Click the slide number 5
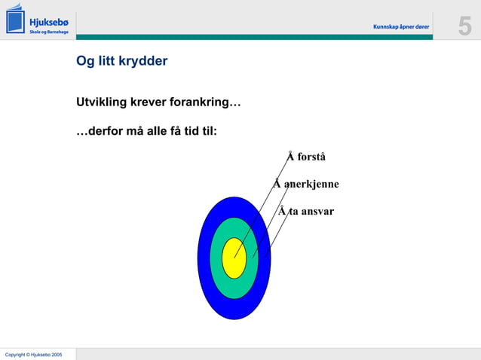(464, 26)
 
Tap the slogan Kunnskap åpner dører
(401, 27)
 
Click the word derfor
(100, 131)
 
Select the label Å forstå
(306, 157)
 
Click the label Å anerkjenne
(306, 184)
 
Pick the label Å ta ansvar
(306, 211)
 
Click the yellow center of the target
(234, 258)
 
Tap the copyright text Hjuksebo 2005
(33, 354)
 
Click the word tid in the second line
(192, 131)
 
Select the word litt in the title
(106, 61)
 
